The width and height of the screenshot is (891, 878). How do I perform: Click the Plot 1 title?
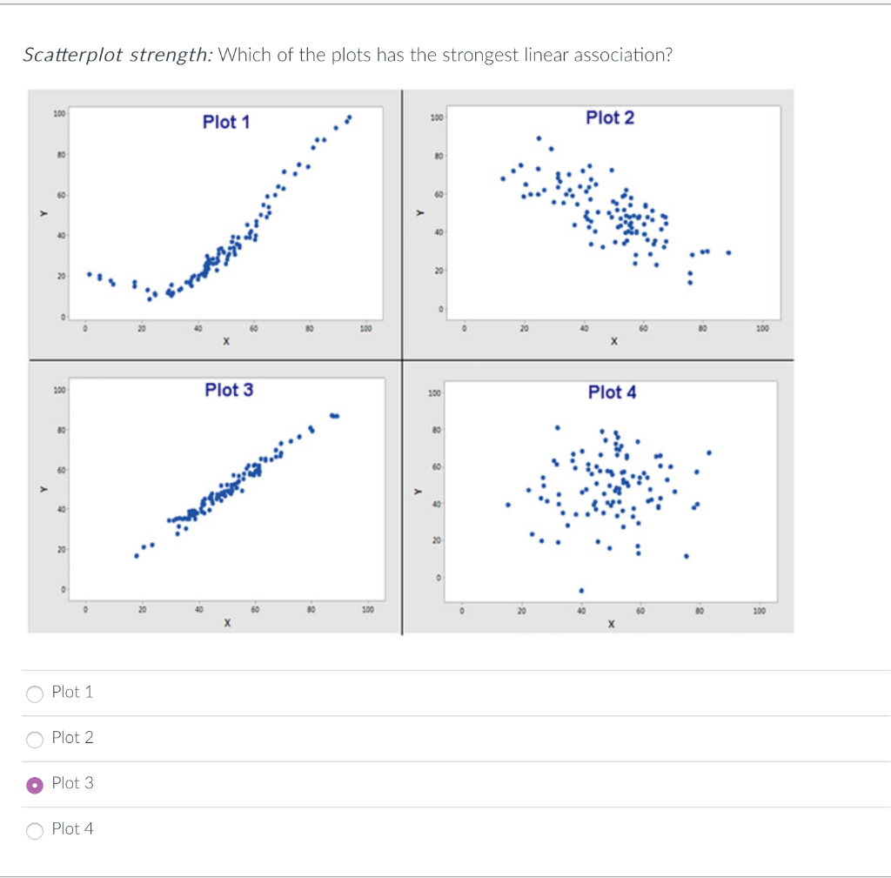pos(226,122)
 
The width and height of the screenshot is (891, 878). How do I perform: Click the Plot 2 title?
pos(610,117)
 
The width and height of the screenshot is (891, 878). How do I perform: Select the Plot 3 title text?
pos(229,390)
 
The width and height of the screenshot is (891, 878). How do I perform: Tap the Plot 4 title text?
pos(612,392)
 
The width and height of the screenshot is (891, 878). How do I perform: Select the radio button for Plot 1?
pos(35,694)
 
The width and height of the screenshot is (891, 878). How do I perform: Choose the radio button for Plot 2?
pos(35,740)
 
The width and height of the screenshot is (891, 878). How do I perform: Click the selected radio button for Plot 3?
pos(35,785)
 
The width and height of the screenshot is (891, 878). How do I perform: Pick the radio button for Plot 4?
pos(35,830)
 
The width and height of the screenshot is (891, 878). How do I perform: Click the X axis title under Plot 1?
pos(225,342)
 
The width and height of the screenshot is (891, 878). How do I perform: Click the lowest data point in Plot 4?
pos(581,591)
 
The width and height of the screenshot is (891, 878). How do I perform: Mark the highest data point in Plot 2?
pos(539,137)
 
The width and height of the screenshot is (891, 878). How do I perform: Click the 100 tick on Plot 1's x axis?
pos(366,328)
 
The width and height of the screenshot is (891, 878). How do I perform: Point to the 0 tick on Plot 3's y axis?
pos(63,591)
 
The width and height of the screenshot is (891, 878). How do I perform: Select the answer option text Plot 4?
pos(72,829)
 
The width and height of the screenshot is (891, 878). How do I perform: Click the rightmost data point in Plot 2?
pos(728,253)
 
